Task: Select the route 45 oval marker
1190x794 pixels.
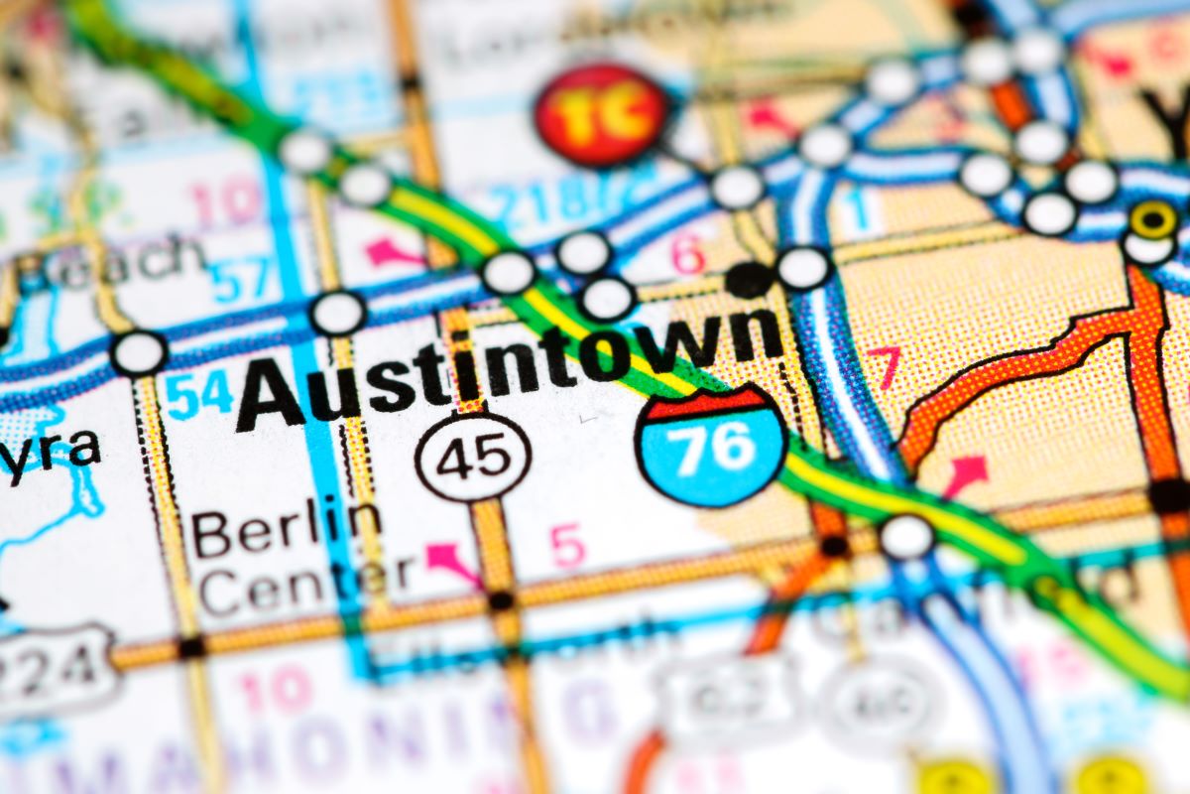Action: (473, 457)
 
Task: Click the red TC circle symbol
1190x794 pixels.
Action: (602, 114)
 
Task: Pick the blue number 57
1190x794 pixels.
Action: (239, 280)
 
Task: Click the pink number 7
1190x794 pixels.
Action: (885, 366)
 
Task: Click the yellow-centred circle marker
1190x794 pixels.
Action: (1153, 220)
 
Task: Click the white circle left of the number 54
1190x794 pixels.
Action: (139, 353)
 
